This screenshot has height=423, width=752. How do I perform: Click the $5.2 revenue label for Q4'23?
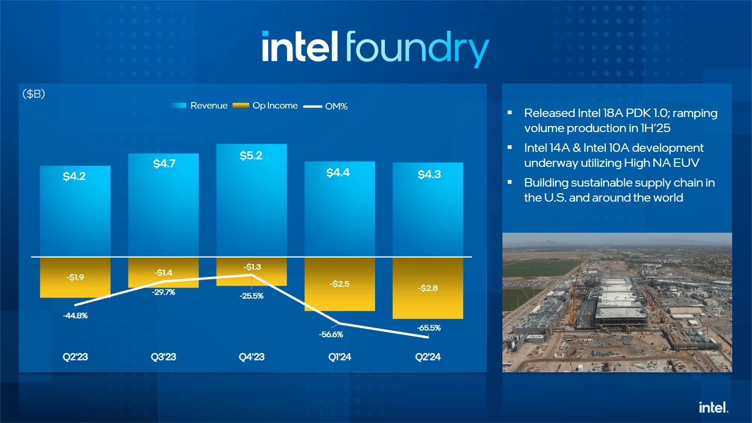pyautogui.click(x=251, y=156)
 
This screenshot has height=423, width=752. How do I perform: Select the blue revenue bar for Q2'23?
pyautogui.click(x=75, y=216)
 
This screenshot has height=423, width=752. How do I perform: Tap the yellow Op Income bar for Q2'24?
pyautogui.click(x=428, y=301)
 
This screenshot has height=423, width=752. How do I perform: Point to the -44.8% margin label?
pyautogui.click(x=75, y=315)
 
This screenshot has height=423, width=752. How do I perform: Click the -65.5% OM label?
pyautogui.click(x=428, y=328)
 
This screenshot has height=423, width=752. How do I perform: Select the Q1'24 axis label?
pyautogui.click(x=339, y=357)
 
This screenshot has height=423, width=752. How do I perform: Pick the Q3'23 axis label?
pyautogui.click(x=163, y=357)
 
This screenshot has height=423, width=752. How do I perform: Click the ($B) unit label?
pyautogui.click(x=34, y=94)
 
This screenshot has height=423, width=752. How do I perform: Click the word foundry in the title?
pyautogui.click(x=417, y=48)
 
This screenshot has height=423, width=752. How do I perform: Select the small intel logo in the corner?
pyautogui.click(x=713, y=407)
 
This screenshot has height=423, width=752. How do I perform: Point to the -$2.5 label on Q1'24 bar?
pyautogui.click(x=339, y=284)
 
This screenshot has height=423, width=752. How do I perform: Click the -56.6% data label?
pyautogui.click(x=331, y=334)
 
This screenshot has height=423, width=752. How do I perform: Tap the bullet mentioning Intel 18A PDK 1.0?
pyautogui.click(x=620, y=120)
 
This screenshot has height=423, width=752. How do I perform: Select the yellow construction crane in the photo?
pyautogui.click(x=575, y=291)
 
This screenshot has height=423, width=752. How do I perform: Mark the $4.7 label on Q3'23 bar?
pyautogui.click(x=164, y=164)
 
